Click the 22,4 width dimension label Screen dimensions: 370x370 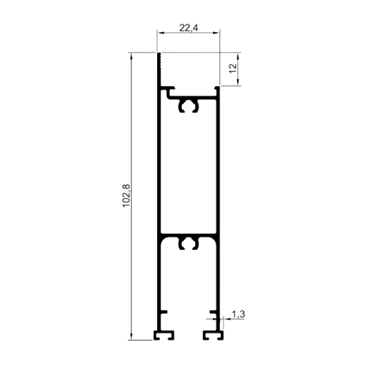[189, 28]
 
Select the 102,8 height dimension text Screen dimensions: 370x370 [126, 196]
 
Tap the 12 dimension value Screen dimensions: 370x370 [233, 68]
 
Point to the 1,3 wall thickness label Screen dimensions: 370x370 [239, 314]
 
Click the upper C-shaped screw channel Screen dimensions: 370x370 [189, 101]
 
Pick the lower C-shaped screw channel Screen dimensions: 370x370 [189, 239]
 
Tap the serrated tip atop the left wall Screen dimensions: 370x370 [160, 60]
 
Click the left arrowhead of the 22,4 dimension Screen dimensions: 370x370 [160, 33]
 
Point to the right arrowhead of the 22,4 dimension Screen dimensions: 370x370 [216, 33]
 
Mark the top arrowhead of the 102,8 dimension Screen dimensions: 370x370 [131, 56]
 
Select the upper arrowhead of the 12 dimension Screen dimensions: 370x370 [238, 57]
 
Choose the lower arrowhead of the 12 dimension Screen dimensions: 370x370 [238, 81]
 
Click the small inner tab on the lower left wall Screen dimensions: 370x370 [164, 312]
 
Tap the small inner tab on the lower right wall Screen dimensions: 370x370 [214, 312]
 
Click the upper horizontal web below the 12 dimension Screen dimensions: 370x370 [193, 97]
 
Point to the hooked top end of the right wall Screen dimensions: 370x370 [217, 88]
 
